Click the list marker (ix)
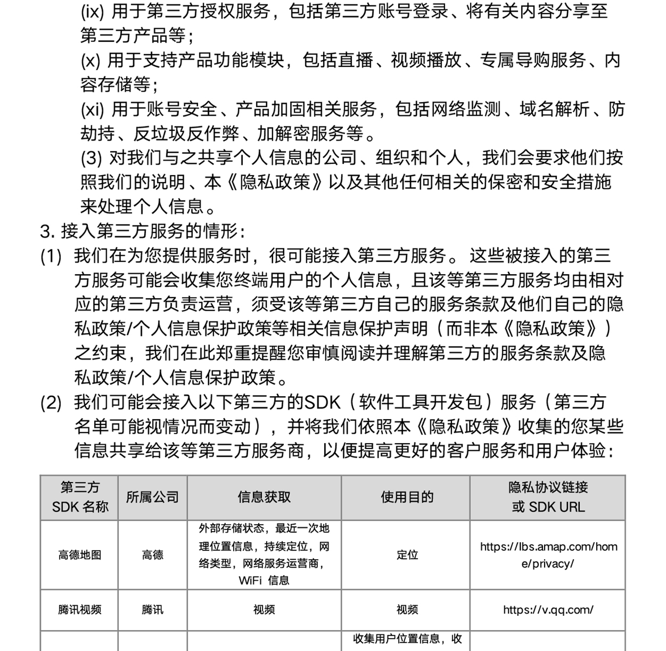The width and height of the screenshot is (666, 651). coord(92,12)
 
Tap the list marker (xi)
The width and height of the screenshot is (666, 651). coord(92,109)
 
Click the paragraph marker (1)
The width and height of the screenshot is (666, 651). coord(51,256)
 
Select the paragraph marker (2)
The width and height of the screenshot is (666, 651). coord(51,403)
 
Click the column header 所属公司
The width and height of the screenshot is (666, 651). coord(152,497)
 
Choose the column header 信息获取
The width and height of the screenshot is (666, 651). coord(264,497)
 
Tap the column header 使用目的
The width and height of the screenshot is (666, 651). coord(407,497)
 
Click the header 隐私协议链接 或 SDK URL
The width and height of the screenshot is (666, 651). coord(548,497)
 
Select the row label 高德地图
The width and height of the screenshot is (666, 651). coord(79,555)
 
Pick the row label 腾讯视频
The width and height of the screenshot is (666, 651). coord(79,610)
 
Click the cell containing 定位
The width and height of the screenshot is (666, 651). coord(407,555)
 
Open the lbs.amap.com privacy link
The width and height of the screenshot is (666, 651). coord(548,555)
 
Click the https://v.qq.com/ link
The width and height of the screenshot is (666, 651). coord(548,610)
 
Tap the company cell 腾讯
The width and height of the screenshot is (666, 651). coord(152,610)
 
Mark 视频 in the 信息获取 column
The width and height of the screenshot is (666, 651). coord(264,610)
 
